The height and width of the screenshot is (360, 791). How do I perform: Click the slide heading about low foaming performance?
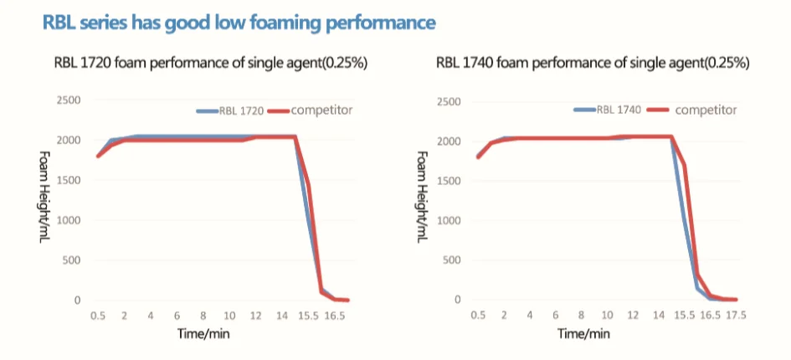(x=239, y=23)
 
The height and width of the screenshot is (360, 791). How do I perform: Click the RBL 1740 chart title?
(x=593, y=64)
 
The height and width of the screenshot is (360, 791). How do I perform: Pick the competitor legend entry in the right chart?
(x=705, y=110)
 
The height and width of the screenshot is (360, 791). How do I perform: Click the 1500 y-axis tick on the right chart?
(x=449, y=181)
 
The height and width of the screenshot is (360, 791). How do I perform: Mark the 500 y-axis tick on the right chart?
(x=453, y=260)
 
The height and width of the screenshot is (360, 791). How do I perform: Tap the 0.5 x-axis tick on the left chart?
(x=99, y=316)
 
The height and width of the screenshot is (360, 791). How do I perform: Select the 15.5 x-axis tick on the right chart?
(x=685, y=316)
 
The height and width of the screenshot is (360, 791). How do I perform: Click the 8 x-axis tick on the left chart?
(x=203, y=316)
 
